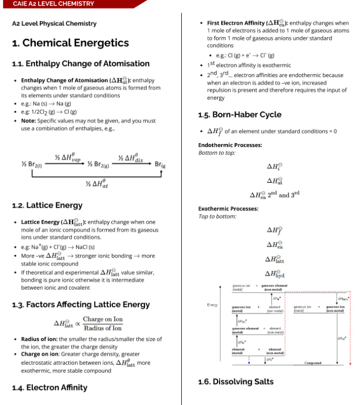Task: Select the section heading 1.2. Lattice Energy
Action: [47, 205]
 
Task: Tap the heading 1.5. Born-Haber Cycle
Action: [239, 114]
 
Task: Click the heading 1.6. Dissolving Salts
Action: [235, 382]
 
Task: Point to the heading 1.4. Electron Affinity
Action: [50, 388]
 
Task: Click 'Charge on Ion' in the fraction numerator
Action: [103, 319]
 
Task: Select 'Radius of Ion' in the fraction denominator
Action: [103, 328]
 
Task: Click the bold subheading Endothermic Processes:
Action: [230, 145]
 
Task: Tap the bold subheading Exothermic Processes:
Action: [228, 208]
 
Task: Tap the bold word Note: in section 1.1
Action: [29, 121]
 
